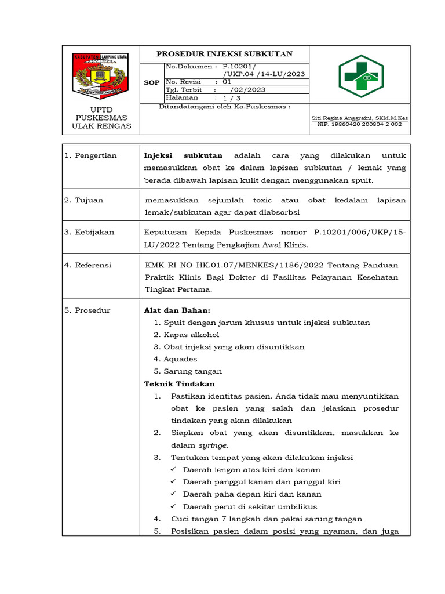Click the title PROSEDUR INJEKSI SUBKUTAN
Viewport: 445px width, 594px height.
coord(224,53)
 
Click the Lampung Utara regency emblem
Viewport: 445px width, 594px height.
coord(101,74)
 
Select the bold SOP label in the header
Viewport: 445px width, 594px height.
coord(151,83)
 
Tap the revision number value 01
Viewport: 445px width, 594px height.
coord(227,82)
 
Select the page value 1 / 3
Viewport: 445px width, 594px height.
coord(231,98)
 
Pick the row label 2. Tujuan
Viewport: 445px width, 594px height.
coord(84,200)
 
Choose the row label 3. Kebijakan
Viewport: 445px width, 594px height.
coord(89,232)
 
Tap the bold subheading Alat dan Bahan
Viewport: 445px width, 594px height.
coord(177,310)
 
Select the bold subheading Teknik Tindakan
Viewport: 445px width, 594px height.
coord(179,384)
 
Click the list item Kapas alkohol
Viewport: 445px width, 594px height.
coord(191,335)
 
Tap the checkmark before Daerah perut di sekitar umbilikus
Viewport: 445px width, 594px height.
coord(173,507)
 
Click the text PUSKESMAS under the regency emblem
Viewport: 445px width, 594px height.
coord(101,118)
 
